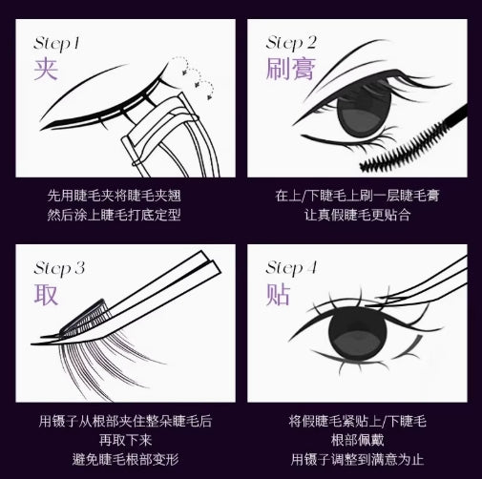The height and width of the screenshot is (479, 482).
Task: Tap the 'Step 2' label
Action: [x=291, y=43]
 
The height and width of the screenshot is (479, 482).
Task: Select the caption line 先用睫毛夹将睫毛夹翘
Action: [x=121, y=196]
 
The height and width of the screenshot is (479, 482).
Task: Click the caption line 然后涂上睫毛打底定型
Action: [x=121, y=215]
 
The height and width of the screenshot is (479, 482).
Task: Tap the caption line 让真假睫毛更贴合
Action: [x=356, y=215]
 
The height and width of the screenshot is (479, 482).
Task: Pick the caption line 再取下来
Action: [x=121, y=439]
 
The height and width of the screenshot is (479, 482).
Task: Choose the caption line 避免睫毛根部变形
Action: [x=121, y=458]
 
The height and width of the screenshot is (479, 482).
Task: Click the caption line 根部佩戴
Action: [x=356, y=439]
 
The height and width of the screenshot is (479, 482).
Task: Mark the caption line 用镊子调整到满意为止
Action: [x=356, y=458]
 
